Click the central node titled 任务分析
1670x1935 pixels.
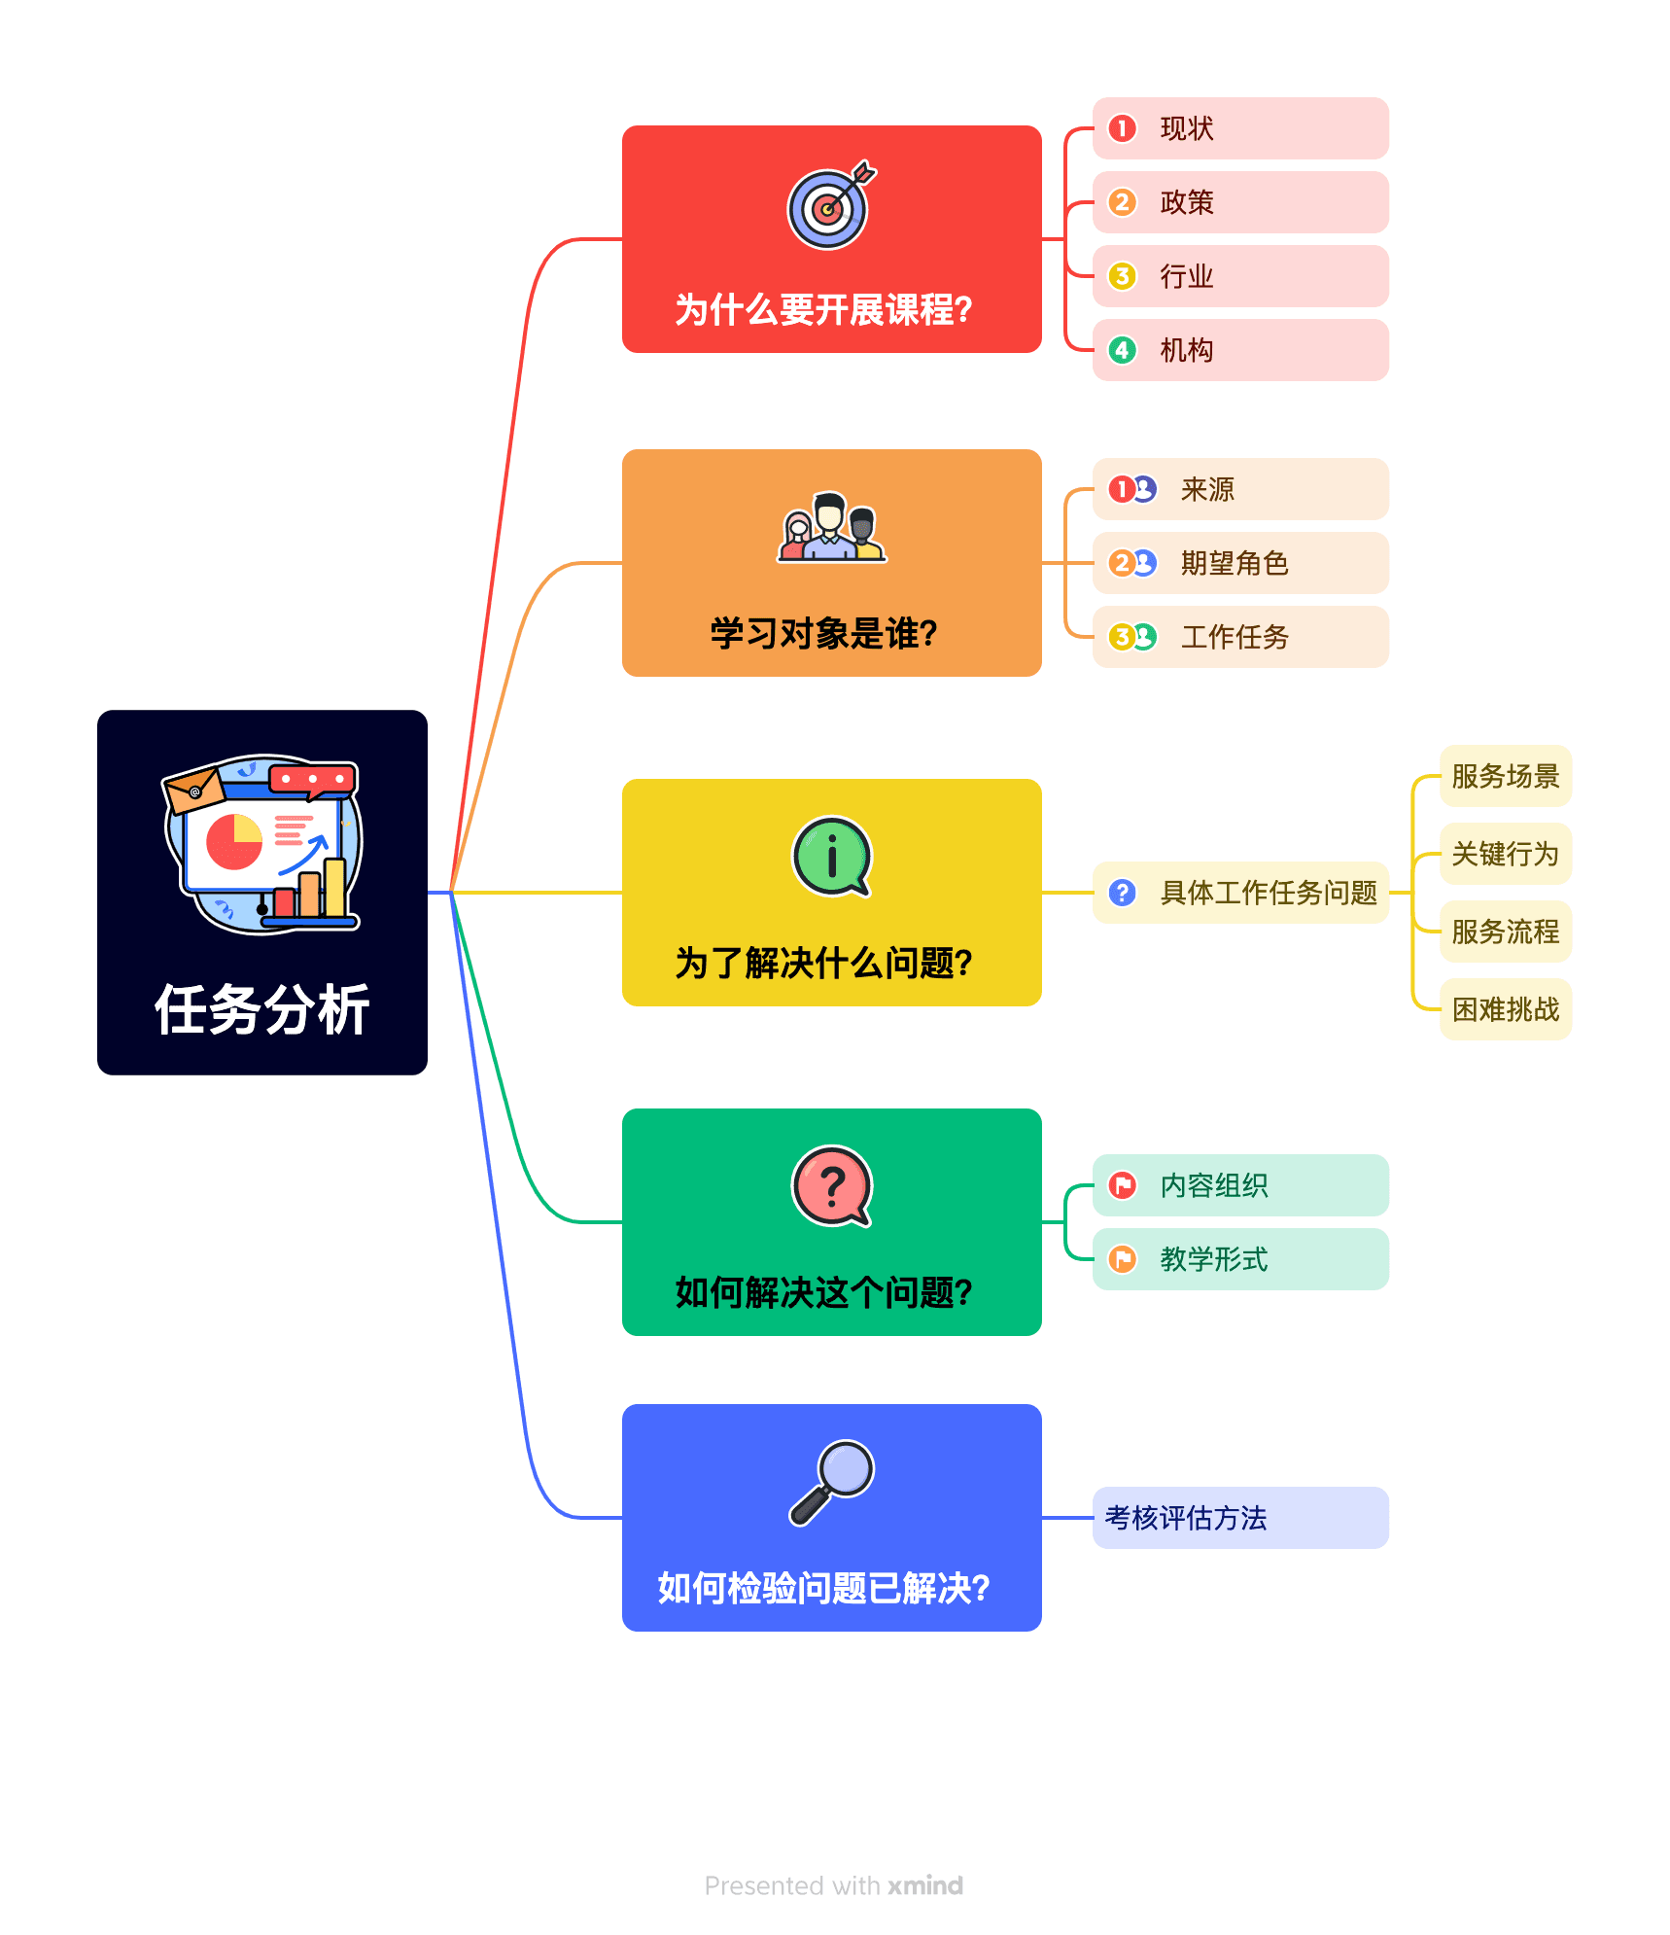point(262,892)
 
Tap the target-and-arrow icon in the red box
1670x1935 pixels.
point(829,206)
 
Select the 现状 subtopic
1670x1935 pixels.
point(1239,128)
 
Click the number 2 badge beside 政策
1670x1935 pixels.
point(1122,202)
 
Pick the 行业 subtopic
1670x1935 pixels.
point(1239,276)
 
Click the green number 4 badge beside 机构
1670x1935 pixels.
point(1122,350)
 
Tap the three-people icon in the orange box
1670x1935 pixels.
point(831,528)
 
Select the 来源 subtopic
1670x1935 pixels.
point(1239,489)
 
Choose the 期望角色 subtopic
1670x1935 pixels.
point(1239,563)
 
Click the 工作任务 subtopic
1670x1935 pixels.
point(1239,637)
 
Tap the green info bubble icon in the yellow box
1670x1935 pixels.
point(831,857)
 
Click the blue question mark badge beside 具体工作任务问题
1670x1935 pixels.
point(1122,893)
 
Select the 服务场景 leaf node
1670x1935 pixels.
point(1505,776)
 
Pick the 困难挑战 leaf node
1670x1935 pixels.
point(1505,1009)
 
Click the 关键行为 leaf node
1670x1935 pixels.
point(1505,854)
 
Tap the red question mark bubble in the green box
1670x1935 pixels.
point(831,1186)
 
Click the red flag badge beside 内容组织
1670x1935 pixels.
point(1122,1185)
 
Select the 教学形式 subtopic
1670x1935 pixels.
point(1239,1259)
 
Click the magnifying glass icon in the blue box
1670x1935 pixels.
point(831,1482)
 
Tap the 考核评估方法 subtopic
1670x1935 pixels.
point(1239,1518)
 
